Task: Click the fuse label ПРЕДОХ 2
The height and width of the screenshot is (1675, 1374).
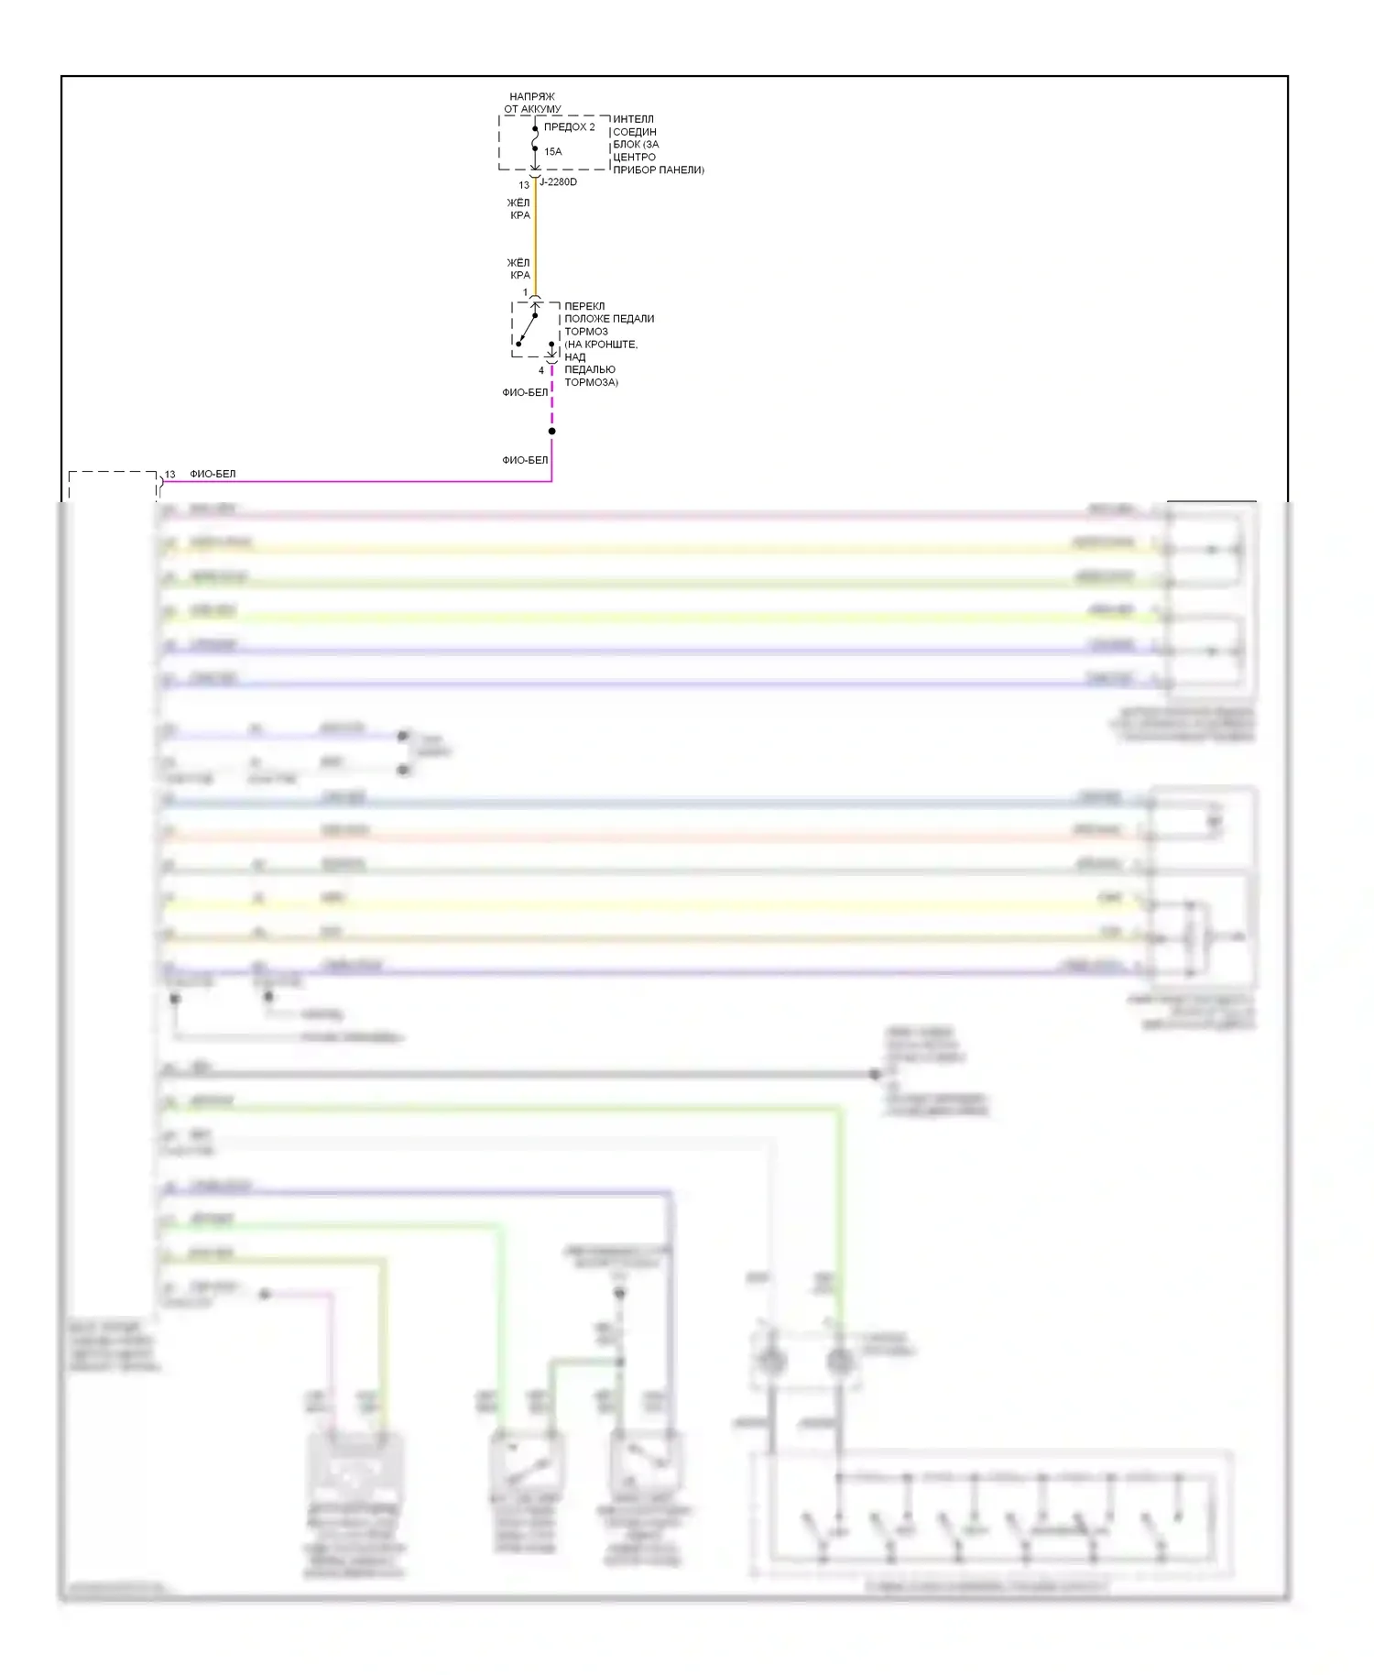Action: point(569,127)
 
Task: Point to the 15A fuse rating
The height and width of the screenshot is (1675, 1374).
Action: point(552,152)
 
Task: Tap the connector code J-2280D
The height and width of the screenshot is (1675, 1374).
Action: point(558,182)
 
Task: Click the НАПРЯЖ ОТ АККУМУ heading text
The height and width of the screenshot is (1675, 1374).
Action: point(532,103)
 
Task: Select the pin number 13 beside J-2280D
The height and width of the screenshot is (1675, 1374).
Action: point(524,185)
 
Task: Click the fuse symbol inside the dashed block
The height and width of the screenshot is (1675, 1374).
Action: point(535,139)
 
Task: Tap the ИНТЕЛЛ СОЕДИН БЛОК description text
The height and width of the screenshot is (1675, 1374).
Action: point(657,145)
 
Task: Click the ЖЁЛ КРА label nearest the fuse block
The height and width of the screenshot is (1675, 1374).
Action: point(519,209)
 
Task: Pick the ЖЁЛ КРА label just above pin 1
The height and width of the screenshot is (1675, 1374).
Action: point(519,268)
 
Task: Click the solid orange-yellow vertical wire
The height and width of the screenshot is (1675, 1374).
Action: point(535,238)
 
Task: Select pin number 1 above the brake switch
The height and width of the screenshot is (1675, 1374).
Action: point(525,293)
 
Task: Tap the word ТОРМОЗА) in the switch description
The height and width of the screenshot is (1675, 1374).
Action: point(591,382)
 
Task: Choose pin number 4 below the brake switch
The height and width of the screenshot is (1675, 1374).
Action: point(541,371)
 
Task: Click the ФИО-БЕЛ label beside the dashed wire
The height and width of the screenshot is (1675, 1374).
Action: point(525,392)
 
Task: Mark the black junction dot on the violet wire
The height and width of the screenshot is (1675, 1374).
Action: point(551,432)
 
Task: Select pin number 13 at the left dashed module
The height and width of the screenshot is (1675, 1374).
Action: point(169,475)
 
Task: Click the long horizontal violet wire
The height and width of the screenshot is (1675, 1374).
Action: point(366,481)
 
